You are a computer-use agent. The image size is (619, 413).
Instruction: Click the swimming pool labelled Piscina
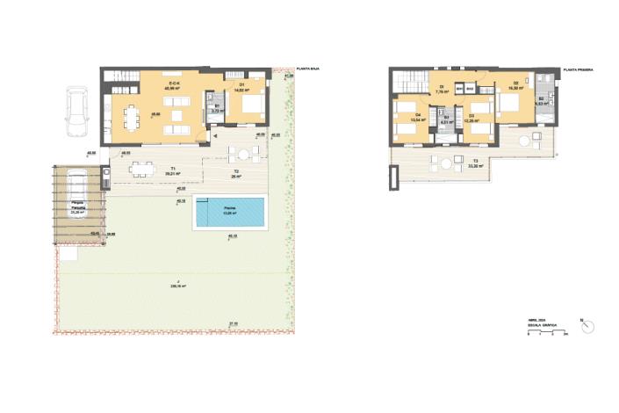[x=230, y=211]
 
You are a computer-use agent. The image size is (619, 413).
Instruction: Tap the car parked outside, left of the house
[x=77, y=112]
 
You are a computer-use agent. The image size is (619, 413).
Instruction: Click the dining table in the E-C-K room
[x=133, y=116]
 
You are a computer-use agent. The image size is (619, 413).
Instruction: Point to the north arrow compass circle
[x=586, y=324]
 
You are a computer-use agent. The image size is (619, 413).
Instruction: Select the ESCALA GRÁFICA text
[x=543, y=325]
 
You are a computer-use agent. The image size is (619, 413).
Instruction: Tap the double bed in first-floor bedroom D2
[x=511, y=104]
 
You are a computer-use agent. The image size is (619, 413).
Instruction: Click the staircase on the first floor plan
[x=407, y=83]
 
